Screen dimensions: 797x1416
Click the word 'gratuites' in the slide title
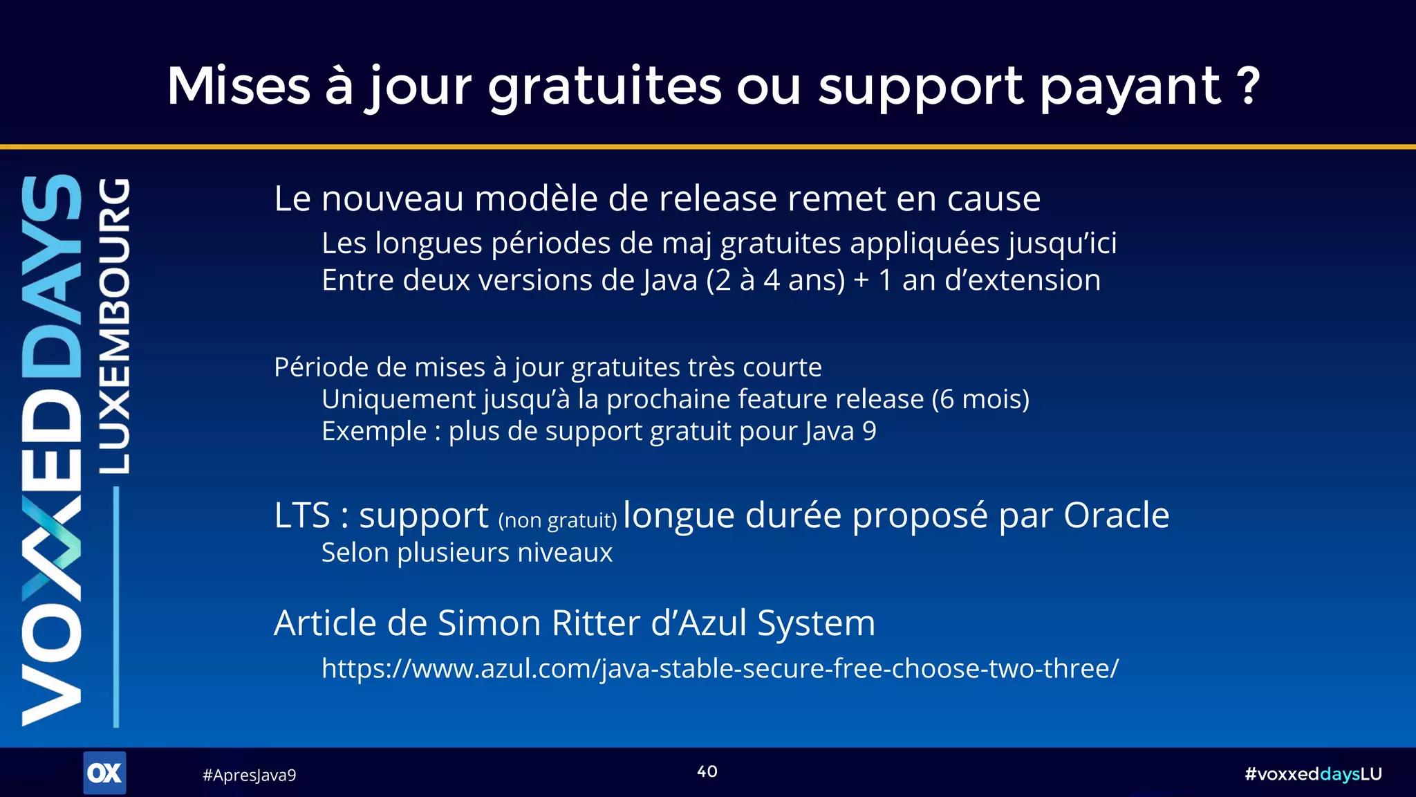tap(604, 86)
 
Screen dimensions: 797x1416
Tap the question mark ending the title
tap(1249, 86)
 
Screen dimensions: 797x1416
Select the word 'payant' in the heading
tap(1130, 87)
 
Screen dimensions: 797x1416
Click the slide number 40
tap(707, 771)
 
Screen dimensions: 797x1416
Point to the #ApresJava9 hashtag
tap(249, 775)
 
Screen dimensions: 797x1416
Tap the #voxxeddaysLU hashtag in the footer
tap(1313, 773)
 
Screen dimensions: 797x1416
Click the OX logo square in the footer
tap(104, 772)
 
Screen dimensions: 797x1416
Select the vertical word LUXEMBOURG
tap(114, 326)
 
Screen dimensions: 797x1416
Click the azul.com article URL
tap(720, 668)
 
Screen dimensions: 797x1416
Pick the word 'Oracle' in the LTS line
tap(1116, 515)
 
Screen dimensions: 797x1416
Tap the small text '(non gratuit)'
tap(557, 520)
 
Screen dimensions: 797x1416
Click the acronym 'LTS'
tap(302, 515)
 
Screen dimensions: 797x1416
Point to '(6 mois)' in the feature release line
tap(980, 399)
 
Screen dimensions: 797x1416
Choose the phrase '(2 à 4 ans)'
tap(775, 280)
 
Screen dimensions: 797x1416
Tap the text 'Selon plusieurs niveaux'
tap(467, 553)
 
